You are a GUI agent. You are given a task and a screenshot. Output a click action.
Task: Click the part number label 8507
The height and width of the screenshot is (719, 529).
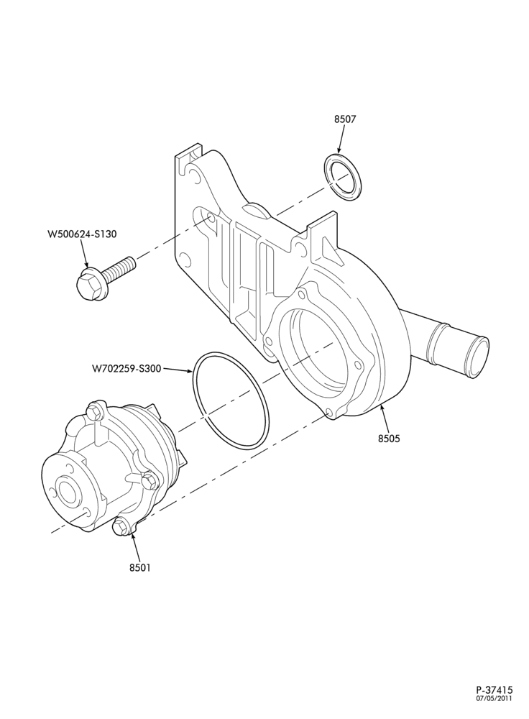(345, 119)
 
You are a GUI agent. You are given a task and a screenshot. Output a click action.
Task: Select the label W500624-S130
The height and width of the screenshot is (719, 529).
(82, 234)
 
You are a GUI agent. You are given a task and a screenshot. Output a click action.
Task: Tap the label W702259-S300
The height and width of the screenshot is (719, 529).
(126, 368)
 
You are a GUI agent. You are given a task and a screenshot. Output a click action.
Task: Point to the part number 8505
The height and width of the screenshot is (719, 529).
(389, 439)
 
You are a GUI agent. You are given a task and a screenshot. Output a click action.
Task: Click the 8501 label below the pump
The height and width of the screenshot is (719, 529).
(140, 568)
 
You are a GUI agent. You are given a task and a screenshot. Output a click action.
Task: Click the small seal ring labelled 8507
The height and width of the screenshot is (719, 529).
(344, 178)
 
